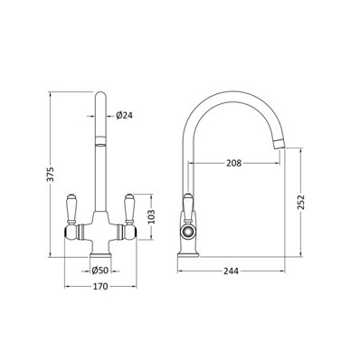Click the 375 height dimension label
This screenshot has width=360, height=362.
[x=52, y=174]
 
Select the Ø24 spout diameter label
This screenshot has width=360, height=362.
[x=124, y=115]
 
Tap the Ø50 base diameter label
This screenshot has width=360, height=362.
[x=99, y=271]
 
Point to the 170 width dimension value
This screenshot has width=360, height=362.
[x=100, y=286]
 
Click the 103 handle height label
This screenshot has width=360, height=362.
[x=151, y=216]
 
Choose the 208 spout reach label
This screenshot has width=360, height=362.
[x=234, y=163]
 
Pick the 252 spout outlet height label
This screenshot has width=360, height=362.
[x=301, y=203]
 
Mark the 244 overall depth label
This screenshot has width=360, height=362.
[x=231, y=271]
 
